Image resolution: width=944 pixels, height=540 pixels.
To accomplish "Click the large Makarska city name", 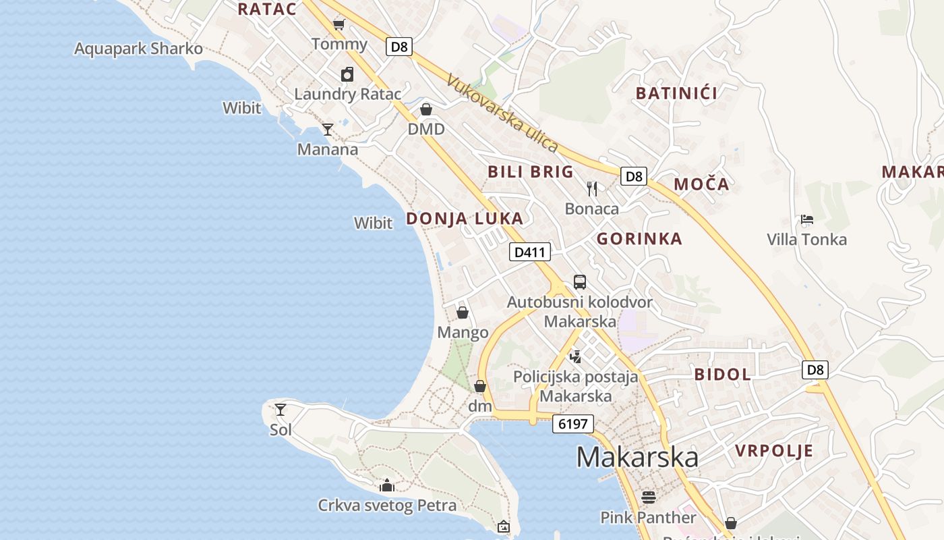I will (637, 457).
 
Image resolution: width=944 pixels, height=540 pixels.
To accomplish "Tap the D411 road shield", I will (529, 252).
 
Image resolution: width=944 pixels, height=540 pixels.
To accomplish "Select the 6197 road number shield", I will (573, 424).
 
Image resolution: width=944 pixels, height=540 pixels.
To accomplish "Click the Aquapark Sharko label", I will (138, 49).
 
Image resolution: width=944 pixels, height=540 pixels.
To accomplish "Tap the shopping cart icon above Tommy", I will (339, 25).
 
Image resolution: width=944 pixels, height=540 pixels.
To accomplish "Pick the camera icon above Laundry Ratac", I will (347, 74).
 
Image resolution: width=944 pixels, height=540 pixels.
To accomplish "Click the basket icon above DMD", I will (426, 109).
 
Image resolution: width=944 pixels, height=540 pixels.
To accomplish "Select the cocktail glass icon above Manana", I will (328, 129).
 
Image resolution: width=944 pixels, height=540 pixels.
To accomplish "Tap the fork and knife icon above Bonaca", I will (592, 188).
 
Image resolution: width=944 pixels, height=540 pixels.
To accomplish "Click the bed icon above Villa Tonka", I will (806, 219).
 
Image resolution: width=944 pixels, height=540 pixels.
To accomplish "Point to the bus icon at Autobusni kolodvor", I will (580, 282).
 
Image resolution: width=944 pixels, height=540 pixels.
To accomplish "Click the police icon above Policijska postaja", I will (575, 356).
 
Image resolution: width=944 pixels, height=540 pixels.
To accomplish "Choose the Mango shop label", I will (463, 332).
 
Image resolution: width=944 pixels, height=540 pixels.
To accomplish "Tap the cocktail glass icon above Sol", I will (281, 409).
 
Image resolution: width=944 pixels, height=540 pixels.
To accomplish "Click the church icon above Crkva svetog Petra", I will (387, 485).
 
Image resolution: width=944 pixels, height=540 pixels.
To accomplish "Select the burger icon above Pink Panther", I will (649, 497).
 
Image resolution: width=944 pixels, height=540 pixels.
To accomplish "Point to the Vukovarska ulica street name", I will (502, 113).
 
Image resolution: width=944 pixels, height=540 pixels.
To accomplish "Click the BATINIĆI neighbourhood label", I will (676, 93).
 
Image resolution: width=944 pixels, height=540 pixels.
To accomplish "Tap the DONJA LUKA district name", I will (465, 218).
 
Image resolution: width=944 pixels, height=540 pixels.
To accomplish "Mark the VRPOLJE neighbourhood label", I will (774, 451).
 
